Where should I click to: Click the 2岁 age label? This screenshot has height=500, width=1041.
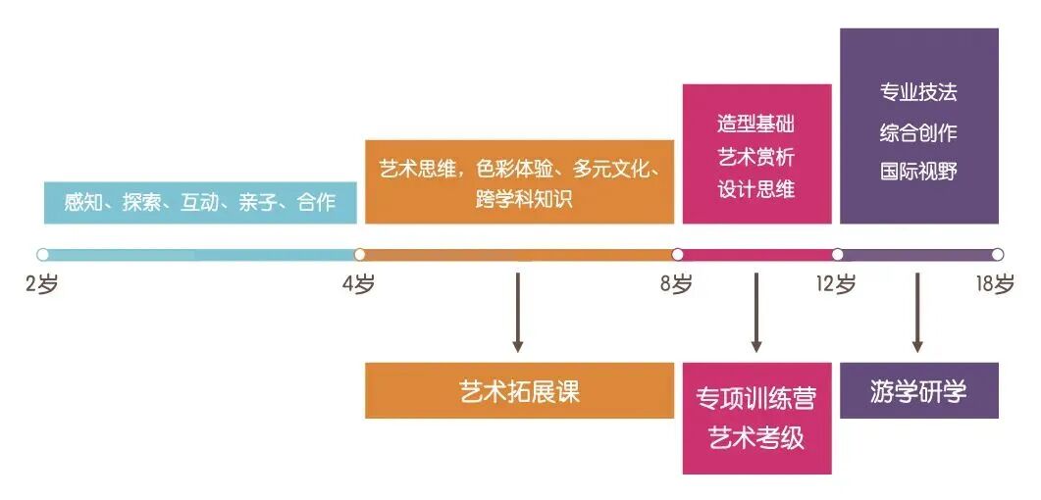point(42,285)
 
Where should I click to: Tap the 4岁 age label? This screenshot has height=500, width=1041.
point(359,285)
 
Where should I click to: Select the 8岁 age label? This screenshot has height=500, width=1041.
point(676,285)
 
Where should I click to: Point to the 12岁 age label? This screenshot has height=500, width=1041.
point(836,285)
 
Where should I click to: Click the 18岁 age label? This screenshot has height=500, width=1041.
point(995,285)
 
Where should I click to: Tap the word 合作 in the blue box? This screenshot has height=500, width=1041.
point(316,203)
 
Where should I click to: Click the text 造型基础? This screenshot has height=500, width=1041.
point(755,125)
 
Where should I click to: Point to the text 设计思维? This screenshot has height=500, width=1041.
point(755,189)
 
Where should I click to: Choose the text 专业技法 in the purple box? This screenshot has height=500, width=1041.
point(918,93)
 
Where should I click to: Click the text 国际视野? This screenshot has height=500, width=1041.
point(918,172)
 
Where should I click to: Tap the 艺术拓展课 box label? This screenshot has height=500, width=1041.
point(520,392)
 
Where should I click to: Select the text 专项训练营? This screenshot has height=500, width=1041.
point(756,399)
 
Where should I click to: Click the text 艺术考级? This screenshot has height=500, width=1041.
point(756,438)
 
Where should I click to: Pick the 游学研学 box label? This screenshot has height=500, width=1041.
point(918,391)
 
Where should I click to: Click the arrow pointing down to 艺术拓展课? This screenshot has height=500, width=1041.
point(518,313)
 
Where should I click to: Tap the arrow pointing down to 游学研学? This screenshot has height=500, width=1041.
point(917,313)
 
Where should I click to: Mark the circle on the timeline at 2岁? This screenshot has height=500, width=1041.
point(42,254)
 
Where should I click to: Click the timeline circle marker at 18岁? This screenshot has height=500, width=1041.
point(997,254)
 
